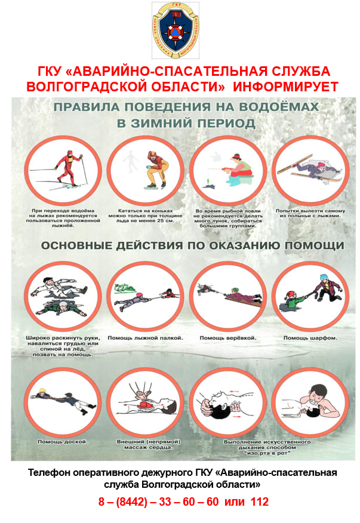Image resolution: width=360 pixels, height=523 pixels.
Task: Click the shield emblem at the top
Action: tap(176, 30)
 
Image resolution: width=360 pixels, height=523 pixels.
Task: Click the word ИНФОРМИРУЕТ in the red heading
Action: tap(285, 87)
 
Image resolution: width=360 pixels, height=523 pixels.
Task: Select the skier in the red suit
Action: tap(69, 168)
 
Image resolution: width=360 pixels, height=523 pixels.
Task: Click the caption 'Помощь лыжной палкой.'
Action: tap(146, 338)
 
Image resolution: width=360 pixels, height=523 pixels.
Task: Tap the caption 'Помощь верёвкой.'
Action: tap(228, 338)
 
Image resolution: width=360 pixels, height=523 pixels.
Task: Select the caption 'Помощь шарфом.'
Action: tap(310, 338)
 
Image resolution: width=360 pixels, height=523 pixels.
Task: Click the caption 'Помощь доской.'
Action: tap(63, 442)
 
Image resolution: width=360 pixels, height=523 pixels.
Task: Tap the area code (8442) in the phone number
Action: tap(131, 502)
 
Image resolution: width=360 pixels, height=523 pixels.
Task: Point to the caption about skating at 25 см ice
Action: tap(146, 216)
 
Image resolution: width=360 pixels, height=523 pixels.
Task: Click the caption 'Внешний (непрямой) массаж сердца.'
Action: tap(149, 444)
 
